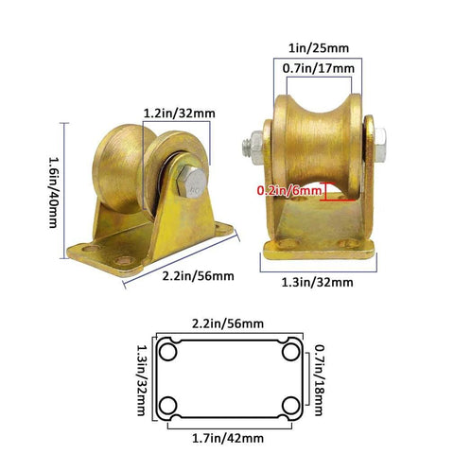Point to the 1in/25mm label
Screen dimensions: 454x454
[321, 48]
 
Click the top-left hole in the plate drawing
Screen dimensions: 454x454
[169, 352]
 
